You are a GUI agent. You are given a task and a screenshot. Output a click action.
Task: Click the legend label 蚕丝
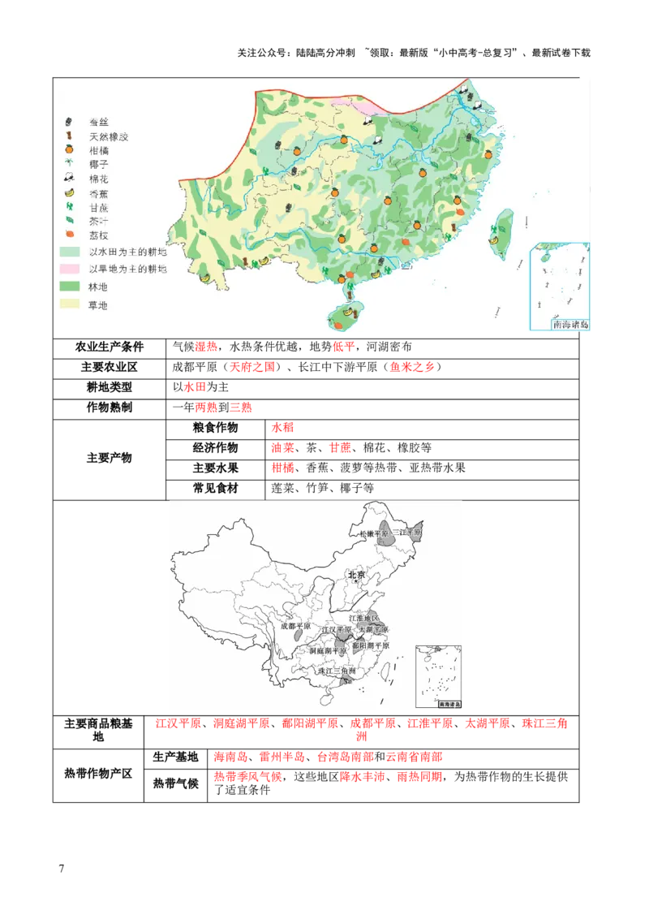point(98,121)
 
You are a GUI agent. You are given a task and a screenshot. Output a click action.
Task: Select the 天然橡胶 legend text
point(109,136)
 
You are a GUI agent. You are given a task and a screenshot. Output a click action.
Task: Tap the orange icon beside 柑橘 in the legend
point(70,149)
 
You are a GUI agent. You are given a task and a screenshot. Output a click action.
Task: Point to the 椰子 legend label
point(98,163)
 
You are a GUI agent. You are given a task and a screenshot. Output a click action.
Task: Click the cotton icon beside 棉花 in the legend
point(70,178)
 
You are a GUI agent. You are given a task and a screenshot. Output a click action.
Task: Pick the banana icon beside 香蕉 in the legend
point(70,192)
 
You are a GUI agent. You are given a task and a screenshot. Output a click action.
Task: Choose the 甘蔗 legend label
point(98,207)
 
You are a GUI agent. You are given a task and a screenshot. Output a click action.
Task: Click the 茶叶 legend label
point(98,221)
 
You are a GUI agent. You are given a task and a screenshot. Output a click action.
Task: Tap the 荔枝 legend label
point(98,235)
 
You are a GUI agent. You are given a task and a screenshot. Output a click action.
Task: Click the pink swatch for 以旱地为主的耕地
point(69,269)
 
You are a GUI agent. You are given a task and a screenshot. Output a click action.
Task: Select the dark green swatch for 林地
point(69,287)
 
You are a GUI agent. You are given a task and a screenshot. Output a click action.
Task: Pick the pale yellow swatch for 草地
point(69,304)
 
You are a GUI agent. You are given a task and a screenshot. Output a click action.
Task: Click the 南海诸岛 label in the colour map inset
point(570,325)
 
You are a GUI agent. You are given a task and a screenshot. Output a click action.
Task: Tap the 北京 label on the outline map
point(357,576)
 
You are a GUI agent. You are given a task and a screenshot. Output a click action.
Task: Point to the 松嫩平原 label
point(372,533)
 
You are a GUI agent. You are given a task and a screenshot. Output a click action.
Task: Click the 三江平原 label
point(407,533)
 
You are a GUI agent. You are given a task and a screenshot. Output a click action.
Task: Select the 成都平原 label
point(295,627)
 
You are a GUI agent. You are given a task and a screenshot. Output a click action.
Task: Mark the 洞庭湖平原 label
point(328,651)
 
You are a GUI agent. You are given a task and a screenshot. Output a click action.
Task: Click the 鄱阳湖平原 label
point(370,645)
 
